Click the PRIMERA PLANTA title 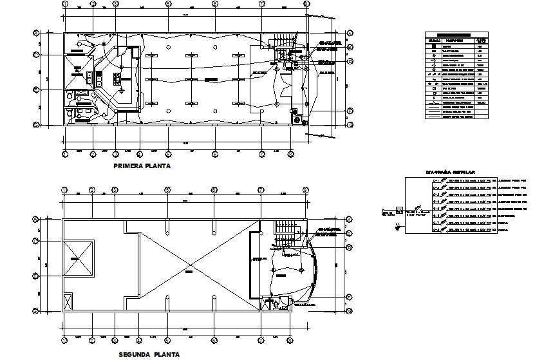point(142,166)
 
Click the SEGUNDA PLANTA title point(149,354)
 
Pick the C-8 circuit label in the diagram point(436,230)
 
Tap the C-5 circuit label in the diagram point(436,209)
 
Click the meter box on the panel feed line point(399,209)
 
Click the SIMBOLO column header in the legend point(433,41)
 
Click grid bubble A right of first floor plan point(350,32)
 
